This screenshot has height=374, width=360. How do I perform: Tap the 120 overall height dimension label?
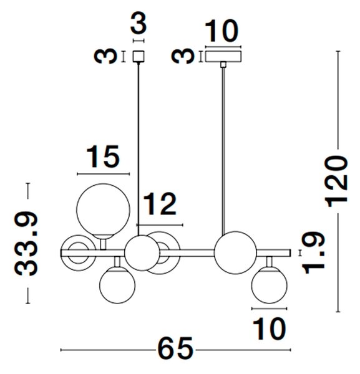pos(337,181)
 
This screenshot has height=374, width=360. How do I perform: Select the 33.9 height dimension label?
pos(26,244)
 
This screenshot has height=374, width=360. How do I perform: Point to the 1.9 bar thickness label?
pos(314,252)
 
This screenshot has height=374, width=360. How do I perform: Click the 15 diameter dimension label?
pos(103,156)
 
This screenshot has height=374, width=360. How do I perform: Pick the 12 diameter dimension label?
pos(160,204)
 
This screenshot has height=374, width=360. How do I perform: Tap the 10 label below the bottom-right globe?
pos(269,328)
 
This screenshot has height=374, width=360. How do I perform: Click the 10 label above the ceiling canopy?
pos(221,31)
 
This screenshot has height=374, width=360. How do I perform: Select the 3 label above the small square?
pos(139,24)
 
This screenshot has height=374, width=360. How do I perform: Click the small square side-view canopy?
pos(139,57)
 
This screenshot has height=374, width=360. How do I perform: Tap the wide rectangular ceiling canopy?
pos(223,57)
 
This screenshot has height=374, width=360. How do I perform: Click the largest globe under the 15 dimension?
pos(103,210)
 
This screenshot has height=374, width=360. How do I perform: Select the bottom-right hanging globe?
pos(270,285)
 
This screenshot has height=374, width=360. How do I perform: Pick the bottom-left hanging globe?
pos(117,285)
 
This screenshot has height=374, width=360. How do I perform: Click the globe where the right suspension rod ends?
pos(235,252)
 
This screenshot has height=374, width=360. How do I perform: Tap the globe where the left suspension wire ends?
pos(142,253)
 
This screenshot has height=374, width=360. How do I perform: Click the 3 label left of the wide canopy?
pos(183,56)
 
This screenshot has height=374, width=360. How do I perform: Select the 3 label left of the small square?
pos(105,56)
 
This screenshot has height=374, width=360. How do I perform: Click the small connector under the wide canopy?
pos(223,65)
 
